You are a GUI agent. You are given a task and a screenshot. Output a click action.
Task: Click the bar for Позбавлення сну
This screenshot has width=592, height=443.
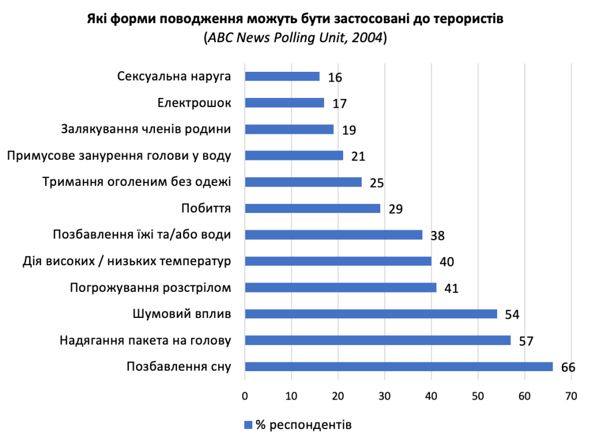pos(399,367)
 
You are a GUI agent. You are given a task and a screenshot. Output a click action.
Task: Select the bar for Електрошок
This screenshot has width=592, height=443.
pos(284,102)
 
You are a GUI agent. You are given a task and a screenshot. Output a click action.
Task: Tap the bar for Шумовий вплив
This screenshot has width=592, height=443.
pos(371,314)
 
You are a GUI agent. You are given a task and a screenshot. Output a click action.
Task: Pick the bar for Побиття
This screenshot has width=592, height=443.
pos(312,208)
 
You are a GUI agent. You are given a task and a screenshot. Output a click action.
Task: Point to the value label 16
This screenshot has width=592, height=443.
pos(334,78)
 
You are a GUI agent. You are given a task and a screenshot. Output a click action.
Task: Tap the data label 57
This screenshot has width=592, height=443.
pos(525,341)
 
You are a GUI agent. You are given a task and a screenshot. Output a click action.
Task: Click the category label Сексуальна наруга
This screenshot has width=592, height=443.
pos(174,76)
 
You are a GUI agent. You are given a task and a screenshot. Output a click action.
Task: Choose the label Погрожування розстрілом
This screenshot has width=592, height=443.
pos(150,288)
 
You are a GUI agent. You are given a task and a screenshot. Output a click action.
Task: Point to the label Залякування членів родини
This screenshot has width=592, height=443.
pos(146,129)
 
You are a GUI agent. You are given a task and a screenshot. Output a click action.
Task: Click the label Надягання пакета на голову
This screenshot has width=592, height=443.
pos(145,341)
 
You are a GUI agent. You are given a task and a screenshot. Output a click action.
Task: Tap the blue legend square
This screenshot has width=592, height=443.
pos(248,425)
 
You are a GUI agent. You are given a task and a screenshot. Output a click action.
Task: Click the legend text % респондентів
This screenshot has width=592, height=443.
pos(304,425)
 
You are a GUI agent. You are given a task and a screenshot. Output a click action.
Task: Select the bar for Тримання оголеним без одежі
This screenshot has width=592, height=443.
pos(303,182)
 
